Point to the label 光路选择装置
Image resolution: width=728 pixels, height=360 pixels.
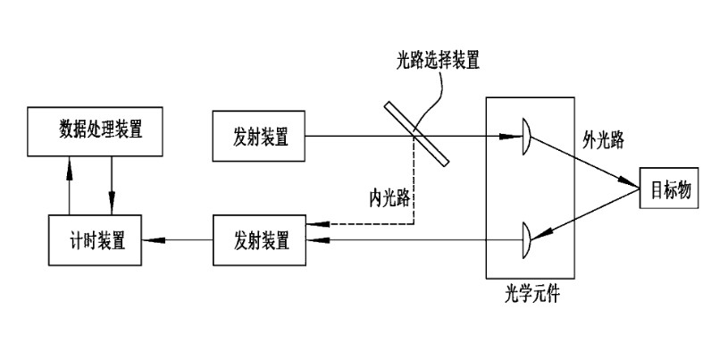point(438,61)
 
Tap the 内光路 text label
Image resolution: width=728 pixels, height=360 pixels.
point(389,197)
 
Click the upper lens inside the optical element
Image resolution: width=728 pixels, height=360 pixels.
point(527,137)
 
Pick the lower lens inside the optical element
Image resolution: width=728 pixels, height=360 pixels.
point(527,239)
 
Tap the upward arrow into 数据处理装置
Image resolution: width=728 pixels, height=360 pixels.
point(71,161)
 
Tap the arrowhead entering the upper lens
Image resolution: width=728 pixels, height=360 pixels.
point(514,137)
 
